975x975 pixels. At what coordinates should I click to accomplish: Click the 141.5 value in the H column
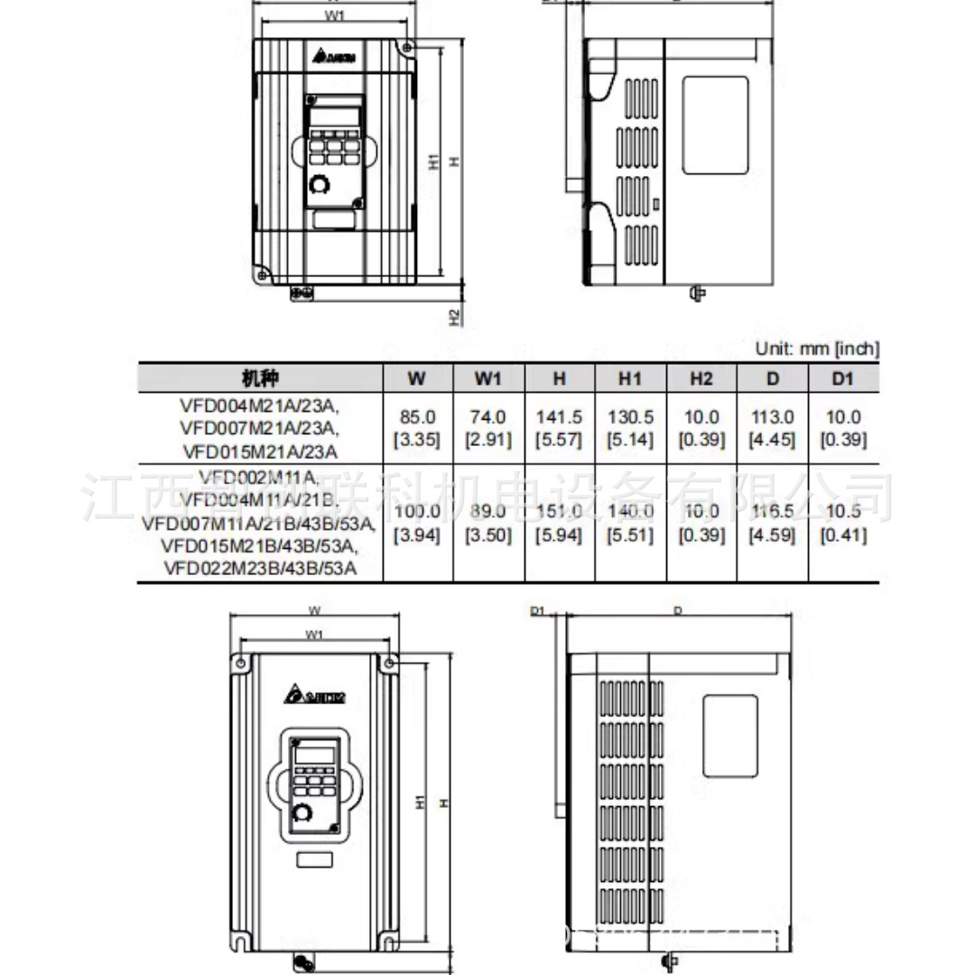[x=559, y=418]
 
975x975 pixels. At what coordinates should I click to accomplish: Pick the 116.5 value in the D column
[x=772, y=512]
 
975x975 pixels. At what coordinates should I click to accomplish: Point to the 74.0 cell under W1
[x=487, y=418]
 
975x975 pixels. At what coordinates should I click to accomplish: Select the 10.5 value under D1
[x=842, y=512]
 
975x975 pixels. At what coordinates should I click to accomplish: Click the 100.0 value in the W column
[x=417, y=512]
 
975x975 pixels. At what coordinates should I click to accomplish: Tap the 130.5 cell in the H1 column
[x=630, y=418]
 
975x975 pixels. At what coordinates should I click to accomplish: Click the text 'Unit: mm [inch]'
[x=816, y=348]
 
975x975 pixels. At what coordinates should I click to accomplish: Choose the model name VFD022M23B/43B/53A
[x=260, y=569]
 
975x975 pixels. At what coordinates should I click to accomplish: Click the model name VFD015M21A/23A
[x=260, y=451]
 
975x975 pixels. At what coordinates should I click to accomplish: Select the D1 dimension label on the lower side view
[x=536, y=611]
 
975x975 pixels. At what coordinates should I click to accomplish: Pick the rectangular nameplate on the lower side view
[x=729, y=736]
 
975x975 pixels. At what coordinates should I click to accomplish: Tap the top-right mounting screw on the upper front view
[x=407, y=46]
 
